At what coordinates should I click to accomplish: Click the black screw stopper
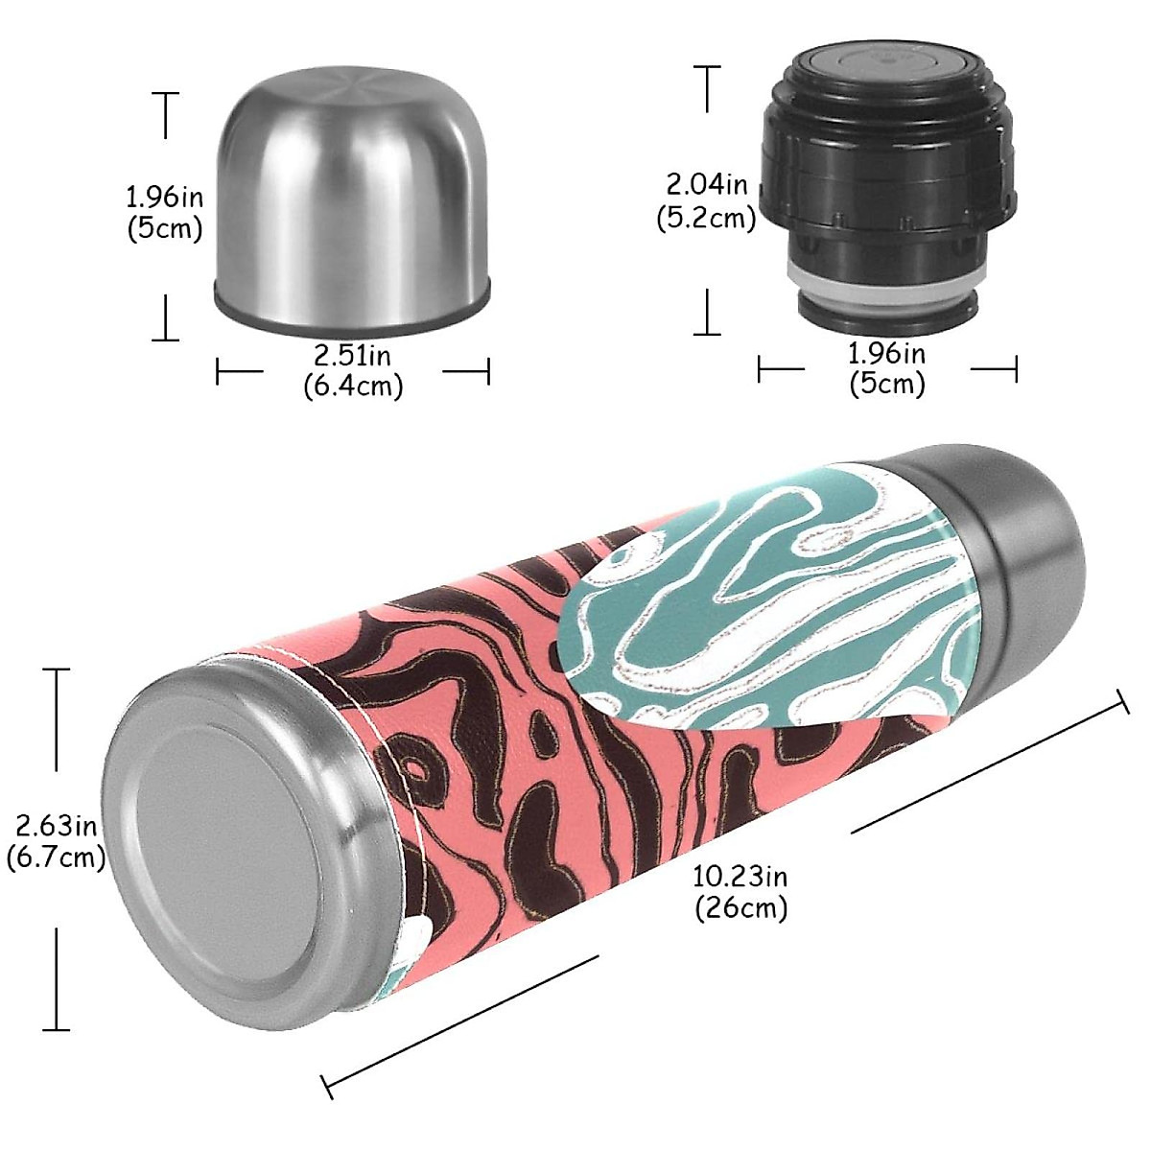coord(887,182)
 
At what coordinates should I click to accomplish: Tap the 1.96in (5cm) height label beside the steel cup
coord(164,213)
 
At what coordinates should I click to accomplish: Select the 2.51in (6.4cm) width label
coord(353,370)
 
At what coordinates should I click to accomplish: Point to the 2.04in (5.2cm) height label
coord(707,200)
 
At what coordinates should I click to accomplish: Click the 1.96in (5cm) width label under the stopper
coord(887,368)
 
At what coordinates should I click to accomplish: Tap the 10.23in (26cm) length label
coord(740,891)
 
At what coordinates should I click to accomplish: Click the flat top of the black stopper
coord(886,67)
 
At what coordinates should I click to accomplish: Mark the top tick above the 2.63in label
coord(57,669)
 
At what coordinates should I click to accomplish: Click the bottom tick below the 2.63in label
coord(57,1029)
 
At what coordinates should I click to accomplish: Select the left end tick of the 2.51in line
coord(219,370)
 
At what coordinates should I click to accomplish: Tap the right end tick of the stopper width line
coord(1016,369)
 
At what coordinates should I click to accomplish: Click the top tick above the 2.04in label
coord(708,66)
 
